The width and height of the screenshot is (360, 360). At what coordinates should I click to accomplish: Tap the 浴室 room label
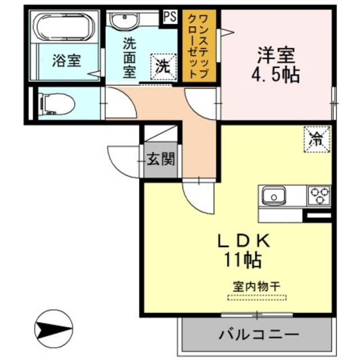click(x=66, y=60)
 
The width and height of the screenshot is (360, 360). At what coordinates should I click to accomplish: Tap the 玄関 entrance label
click(x=160, y=160)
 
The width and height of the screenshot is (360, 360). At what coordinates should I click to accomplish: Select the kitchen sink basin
click(x=274, y=197)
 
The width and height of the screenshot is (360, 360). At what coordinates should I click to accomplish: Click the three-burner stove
click(x=318, y=196)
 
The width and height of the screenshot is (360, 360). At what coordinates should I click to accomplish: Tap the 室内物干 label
click(x=256, y=285)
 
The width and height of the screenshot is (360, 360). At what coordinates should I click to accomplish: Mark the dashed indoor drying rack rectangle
click(x=256, y=296)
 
